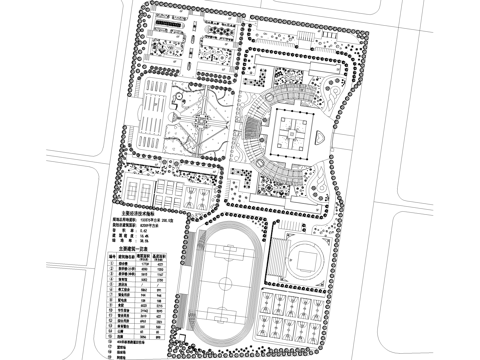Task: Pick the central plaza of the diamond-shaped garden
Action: pos(200,122)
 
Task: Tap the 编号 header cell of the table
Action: pos(112,256)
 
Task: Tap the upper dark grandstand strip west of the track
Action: pos(185,257)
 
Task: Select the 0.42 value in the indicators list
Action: pos(144,230)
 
